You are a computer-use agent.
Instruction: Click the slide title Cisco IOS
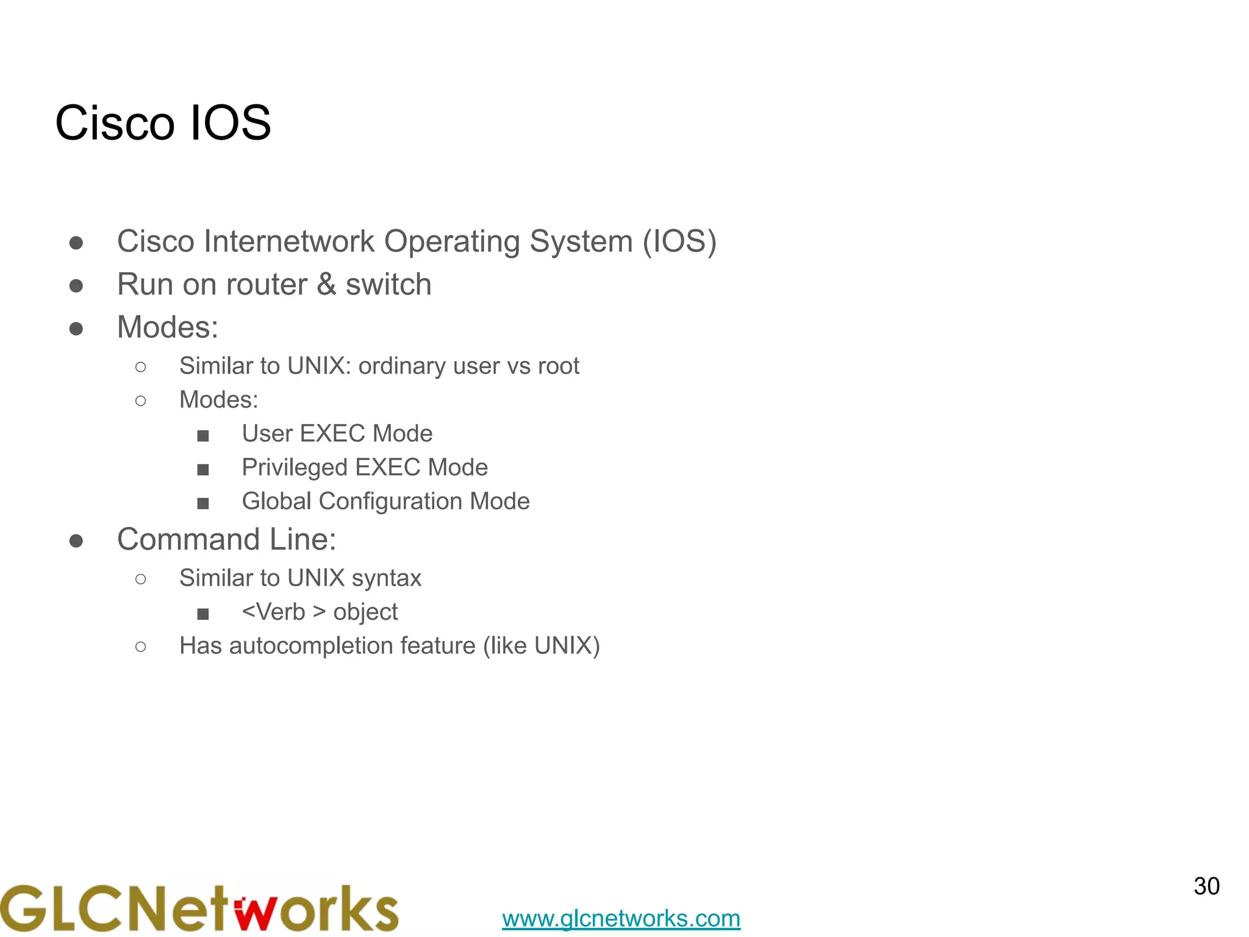pyautogui.click(x=163, y=123)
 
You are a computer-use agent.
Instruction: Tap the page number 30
pyautogui.click(x=1206, y=886)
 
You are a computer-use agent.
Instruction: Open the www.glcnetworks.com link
pyautogui.click(x=621, y=918)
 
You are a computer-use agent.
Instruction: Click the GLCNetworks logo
pyautogui.click(x=199, y=908)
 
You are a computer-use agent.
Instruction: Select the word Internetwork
pyautogui.click(x=288, y=241)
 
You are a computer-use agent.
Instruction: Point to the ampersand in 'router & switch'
pyautogui.click(x=326, y=284)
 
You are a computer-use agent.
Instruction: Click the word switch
pyautogui.click(x=388, y=284)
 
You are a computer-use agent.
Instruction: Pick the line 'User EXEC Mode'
pyautogui.click(x=337, y=434)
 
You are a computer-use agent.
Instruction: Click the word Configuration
pyautogui.click(x=390, y=501)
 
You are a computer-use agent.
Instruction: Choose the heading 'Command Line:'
pyautogui.click(x=226, y=539)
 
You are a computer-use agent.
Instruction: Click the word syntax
pyautogui.click(x=387, y=578)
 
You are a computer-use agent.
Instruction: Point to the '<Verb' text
pyautogui.click(x=273, y=612)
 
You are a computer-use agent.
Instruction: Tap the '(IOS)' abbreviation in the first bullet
pyautogui.click(x=679, y=241)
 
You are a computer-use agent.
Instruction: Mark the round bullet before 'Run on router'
pyautogui.click(x=76, y=285)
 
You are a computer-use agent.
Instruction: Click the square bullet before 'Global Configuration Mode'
pyautogui.click(x=203, y=503)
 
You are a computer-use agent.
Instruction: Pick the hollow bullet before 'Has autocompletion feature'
pyautogui.click(x=141, y=647)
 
